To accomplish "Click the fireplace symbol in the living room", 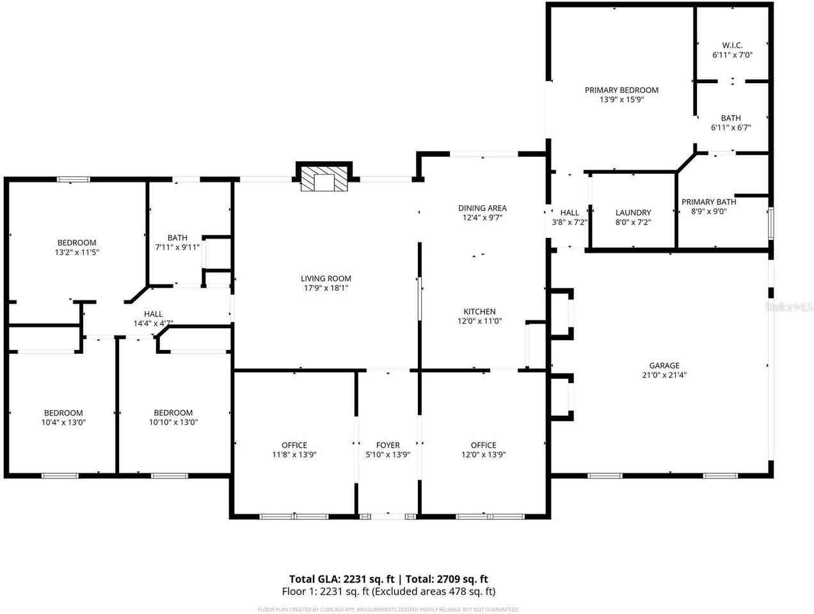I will (323, 179).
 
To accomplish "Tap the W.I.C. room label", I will (732, 45).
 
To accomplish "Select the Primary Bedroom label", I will (621, 90).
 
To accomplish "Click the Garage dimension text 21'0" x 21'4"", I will (664, 375).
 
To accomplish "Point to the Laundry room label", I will (633, 212).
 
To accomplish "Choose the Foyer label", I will (388, 445).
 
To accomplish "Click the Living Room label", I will (326, 278).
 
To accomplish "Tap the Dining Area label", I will (482, 208).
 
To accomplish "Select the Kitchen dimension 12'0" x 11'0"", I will (479, 321).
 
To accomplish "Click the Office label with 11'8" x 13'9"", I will (294, 445).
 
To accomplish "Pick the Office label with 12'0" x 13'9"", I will (483, 445).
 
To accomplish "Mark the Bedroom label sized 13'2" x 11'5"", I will (77, 242).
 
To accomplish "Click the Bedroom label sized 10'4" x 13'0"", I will (63, 413).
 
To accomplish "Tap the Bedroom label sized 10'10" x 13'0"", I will (173, 413).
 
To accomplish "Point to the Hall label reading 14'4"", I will (153, 314).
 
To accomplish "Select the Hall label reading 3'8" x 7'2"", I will (570, 212).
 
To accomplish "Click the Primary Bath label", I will (708, 201).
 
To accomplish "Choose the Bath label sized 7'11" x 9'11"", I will (177, 237).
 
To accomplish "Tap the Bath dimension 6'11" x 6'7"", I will (731, 127).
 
